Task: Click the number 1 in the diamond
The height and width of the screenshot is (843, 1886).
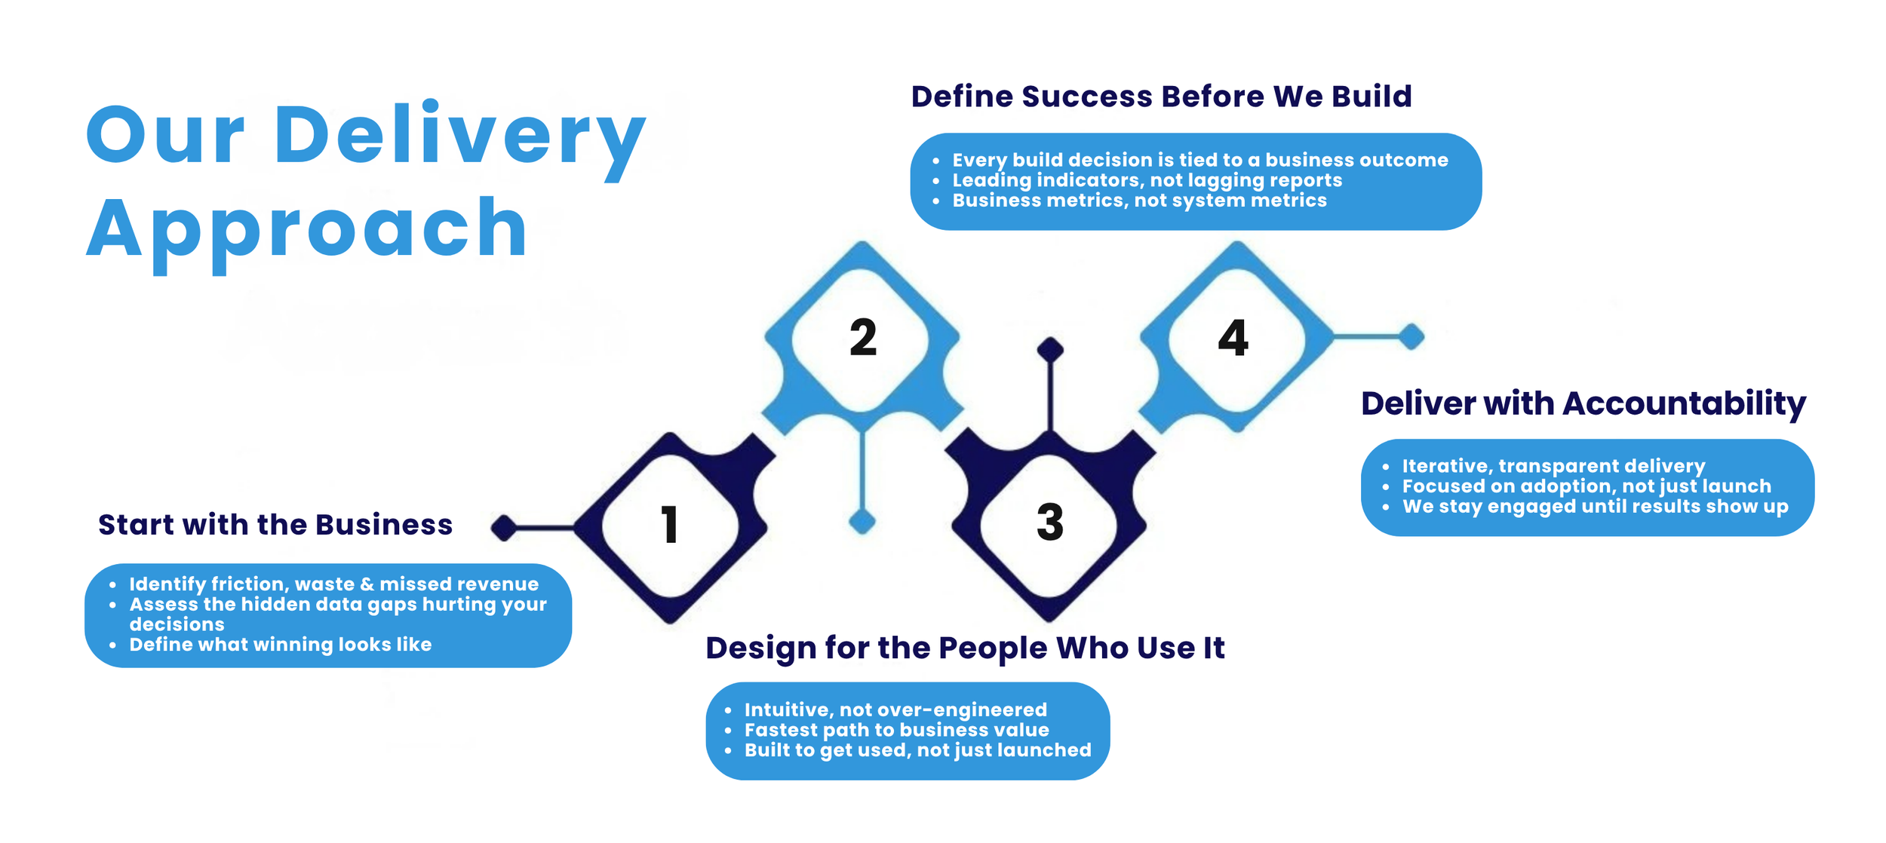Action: point(669,525)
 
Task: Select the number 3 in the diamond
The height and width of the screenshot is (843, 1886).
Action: point(1050,522)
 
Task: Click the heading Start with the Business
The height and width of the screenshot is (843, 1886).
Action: point(275,525)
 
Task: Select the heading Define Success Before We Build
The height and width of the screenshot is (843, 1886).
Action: point(1161,97)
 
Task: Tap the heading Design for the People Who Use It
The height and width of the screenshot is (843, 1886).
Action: point(965,648)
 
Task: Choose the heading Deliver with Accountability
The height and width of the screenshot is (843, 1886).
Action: point(1583,403)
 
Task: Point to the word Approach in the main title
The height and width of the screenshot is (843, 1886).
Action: point(306,228)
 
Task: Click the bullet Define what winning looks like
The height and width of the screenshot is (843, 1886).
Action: point(280,645)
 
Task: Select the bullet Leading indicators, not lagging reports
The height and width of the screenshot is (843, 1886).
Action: point(1147,180)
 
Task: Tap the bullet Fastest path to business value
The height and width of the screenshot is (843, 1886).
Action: point(896,730)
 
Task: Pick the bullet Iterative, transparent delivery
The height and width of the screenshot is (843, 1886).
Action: point(1553,466)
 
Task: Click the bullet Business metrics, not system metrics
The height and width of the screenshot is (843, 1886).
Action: point(1139,201)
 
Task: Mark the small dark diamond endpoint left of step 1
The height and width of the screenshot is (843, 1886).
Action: point(504,528)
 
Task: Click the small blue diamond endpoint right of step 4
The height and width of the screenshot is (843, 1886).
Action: point(1411,336)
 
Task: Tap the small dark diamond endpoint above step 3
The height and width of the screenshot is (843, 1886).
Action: point(1050,349)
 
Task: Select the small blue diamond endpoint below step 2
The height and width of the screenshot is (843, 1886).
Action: point(862,521)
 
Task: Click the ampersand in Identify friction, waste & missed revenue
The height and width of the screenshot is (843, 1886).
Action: point(367,584)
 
